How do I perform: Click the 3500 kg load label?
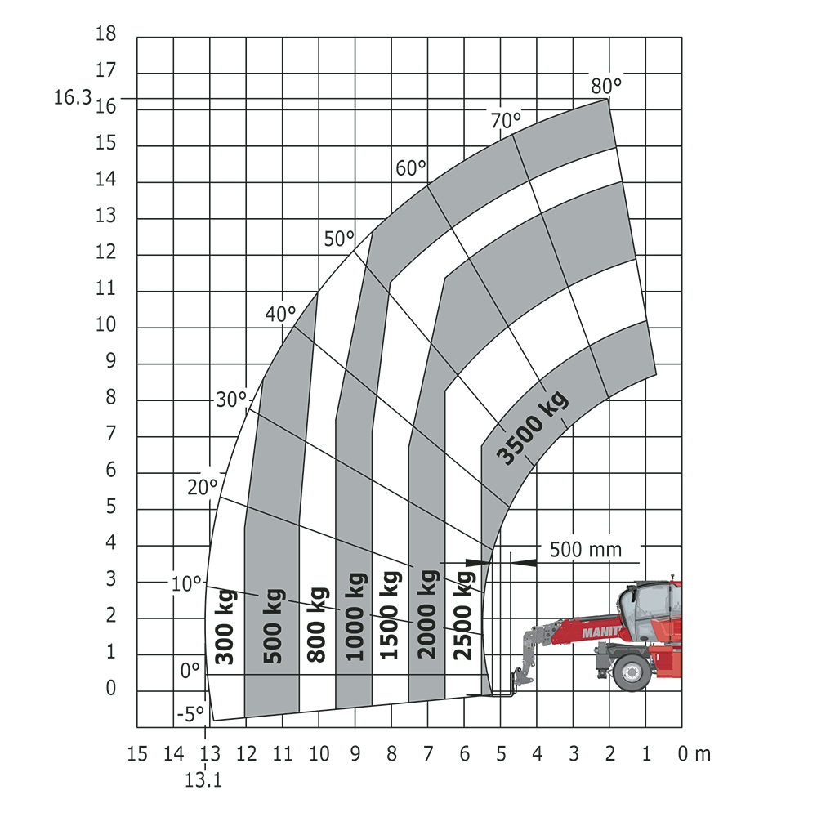point(532,427)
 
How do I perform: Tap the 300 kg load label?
point(225,627)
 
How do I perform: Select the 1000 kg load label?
point(357,616)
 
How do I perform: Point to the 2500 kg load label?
point(464,615)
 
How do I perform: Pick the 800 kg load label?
point(317,625)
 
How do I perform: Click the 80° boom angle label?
point(606,86)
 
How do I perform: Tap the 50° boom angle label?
point(339,239)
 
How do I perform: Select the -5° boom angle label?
point(190,714)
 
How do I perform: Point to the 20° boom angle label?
point(202,488)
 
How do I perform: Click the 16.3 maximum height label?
point(73,97)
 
